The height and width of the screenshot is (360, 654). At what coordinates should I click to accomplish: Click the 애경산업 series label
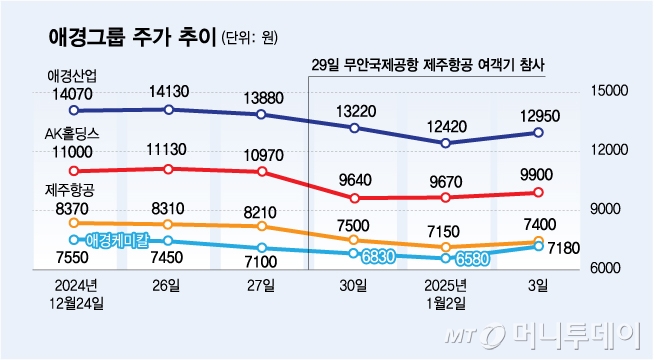(72, 76)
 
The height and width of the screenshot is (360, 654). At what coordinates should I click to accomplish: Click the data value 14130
(168, 92)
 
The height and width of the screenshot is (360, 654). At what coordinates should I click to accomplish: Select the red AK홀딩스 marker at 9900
(538, 192)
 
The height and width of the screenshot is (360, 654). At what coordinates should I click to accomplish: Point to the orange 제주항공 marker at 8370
(75, 223)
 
